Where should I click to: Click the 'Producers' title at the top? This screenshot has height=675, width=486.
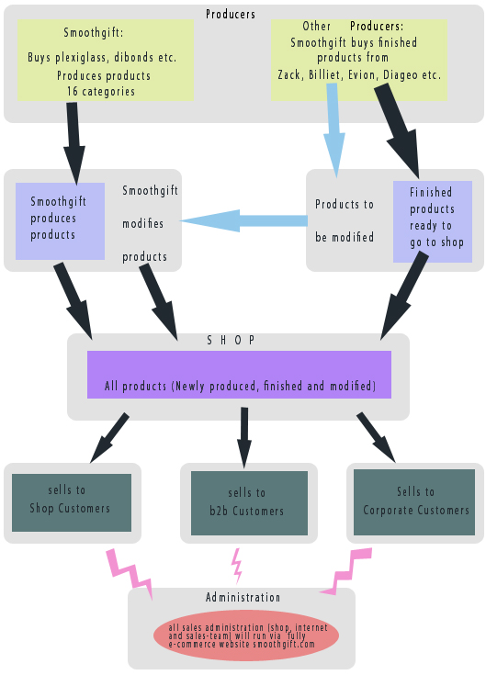(x=231, y=14)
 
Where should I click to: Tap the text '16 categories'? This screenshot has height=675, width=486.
(x=101, y=91)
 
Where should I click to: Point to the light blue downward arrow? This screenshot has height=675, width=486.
(x=334, y=130)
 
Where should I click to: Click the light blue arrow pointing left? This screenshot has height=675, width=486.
(x=243, y=220)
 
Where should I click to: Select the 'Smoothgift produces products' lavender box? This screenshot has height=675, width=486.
(x=60, y=221)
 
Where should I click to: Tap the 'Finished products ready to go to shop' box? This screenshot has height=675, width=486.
(x=433, y=221)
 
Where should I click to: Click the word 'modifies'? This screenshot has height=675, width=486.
(x=143, y=224)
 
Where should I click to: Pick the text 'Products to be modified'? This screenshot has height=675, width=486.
(x=345, y=220)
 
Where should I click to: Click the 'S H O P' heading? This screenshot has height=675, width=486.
(x=231, y=341)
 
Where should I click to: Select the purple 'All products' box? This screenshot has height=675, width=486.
(x=240, y=375)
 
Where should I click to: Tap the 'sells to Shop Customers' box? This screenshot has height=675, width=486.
(x=72, y=503)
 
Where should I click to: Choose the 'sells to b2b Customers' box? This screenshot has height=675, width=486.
(x=249, y=503)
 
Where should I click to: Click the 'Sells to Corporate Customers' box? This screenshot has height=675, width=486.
(x=414, y=502)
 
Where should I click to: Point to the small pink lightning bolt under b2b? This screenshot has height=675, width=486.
(x=236, y=566)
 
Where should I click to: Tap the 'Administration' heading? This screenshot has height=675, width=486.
(x=243, y=598)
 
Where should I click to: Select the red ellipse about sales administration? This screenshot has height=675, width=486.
(x=246, y=636)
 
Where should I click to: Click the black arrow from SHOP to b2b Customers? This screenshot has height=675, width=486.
(x=244, y=437)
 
